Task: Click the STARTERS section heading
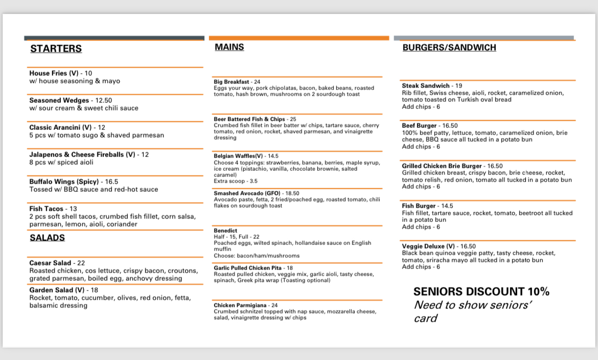click(56, 49)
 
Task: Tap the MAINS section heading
click(229, 47)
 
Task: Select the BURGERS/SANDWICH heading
click(449, 48)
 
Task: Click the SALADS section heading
click(47, 238)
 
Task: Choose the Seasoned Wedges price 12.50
click(103, 100)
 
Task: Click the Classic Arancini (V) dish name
click(60, 127)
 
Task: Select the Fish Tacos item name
click(46, 209)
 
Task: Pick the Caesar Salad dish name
click(50, 263)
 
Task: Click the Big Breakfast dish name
click(231, 82)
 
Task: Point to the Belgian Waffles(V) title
click(238, 156)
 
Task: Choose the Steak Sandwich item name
click(425, 86)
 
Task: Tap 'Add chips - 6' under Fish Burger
click(421, 227)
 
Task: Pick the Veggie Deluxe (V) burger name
click(428, 246)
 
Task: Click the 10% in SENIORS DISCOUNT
click(536, 292)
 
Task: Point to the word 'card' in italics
click(425, 319)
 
